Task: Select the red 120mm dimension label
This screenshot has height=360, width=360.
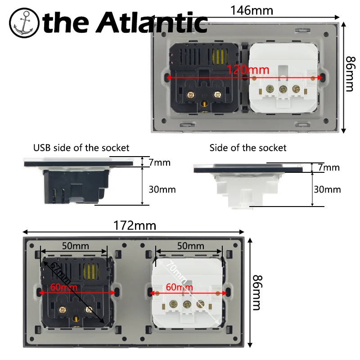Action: click(247, 70)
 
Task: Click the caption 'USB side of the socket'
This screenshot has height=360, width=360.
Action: click(81, 148)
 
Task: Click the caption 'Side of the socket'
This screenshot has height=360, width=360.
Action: click(248, 148)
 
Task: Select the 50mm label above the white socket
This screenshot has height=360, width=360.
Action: click(189, 246)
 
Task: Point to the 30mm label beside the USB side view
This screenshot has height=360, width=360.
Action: click(162, 189)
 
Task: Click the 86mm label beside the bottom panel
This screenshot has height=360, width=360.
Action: click(256, 292)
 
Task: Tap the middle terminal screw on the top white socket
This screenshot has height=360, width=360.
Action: click(284, 89)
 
